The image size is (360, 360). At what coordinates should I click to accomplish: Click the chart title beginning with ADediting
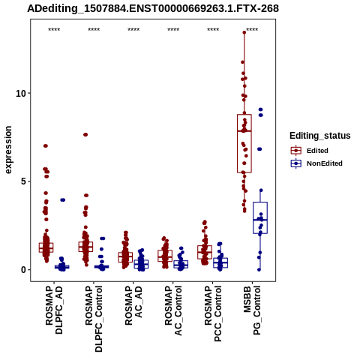pos(153,8)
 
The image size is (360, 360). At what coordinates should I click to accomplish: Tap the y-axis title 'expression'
pos(8,150)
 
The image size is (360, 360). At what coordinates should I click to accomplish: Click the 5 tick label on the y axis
pos(24,181)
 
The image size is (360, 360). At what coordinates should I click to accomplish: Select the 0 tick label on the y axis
pos(24,270)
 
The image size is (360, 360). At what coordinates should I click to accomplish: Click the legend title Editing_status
pos(320,136)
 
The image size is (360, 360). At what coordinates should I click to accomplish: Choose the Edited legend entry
pos(317,151)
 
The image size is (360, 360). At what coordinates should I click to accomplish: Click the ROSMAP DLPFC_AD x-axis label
pos(54,310)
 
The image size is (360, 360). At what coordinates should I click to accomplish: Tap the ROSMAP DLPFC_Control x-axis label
pos(94,319)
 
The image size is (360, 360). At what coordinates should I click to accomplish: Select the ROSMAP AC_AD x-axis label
pos(133,305)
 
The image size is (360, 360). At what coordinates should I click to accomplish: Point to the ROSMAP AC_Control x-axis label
pos(173,310)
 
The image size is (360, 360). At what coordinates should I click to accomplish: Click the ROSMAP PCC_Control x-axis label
pos(213,313)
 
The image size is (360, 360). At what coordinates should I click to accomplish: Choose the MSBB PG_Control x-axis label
pos(252,310)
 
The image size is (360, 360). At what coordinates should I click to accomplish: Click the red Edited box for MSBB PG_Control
pos(244,143)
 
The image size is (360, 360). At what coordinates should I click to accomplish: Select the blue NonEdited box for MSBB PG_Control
pos(260,217)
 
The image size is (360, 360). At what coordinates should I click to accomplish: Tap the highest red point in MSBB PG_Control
pos(244,32)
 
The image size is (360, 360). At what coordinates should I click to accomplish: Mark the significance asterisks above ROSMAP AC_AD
pos(133,30)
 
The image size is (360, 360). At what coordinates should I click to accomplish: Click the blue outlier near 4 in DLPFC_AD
pos(62,199)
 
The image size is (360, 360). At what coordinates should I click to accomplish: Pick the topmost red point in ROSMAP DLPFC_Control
pos(85,134)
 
